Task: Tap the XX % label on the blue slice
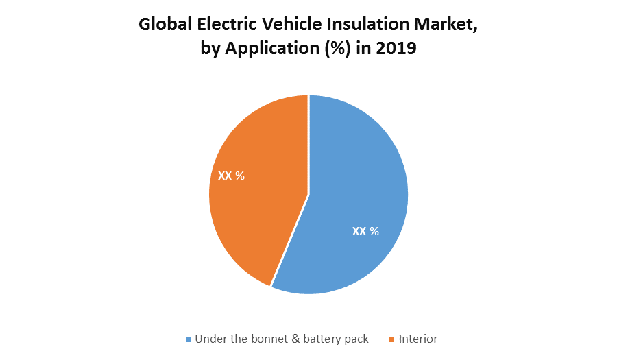click(365, 232)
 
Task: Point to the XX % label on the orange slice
click(231, 176)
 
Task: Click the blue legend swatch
click(189, 339)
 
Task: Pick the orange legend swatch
click(392, 339)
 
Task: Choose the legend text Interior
click(418, 339)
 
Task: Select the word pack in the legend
click(356, 339)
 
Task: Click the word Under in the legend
click(210, 339)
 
